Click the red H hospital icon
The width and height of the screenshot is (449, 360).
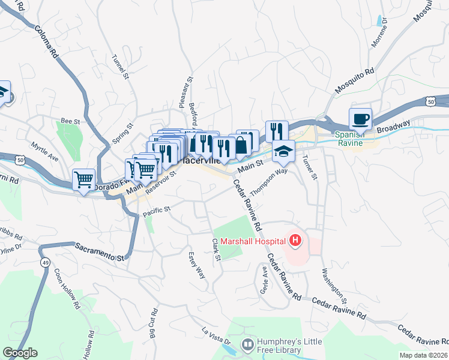(x=295, y=242)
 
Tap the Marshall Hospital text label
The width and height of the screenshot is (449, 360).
(x=253, y=242)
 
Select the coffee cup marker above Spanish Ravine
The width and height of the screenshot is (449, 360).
(x=360, y=119)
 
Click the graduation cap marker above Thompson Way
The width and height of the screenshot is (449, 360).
(x=283, y=151)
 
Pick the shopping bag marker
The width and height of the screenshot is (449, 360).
(x=241, y=145)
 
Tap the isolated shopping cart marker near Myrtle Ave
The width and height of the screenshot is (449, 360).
(x=84, y=179)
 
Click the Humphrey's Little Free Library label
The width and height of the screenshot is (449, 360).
(x=289, y=344)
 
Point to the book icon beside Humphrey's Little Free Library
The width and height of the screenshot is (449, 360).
(x=247, y=344)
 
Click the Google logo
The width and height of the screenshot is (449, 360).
(x=20, y=353)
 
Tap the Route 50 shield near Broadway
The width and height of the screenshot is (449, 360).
(x=431, y=103)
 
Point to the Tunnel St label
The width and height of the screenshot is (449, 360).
(x=121, y=67)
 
